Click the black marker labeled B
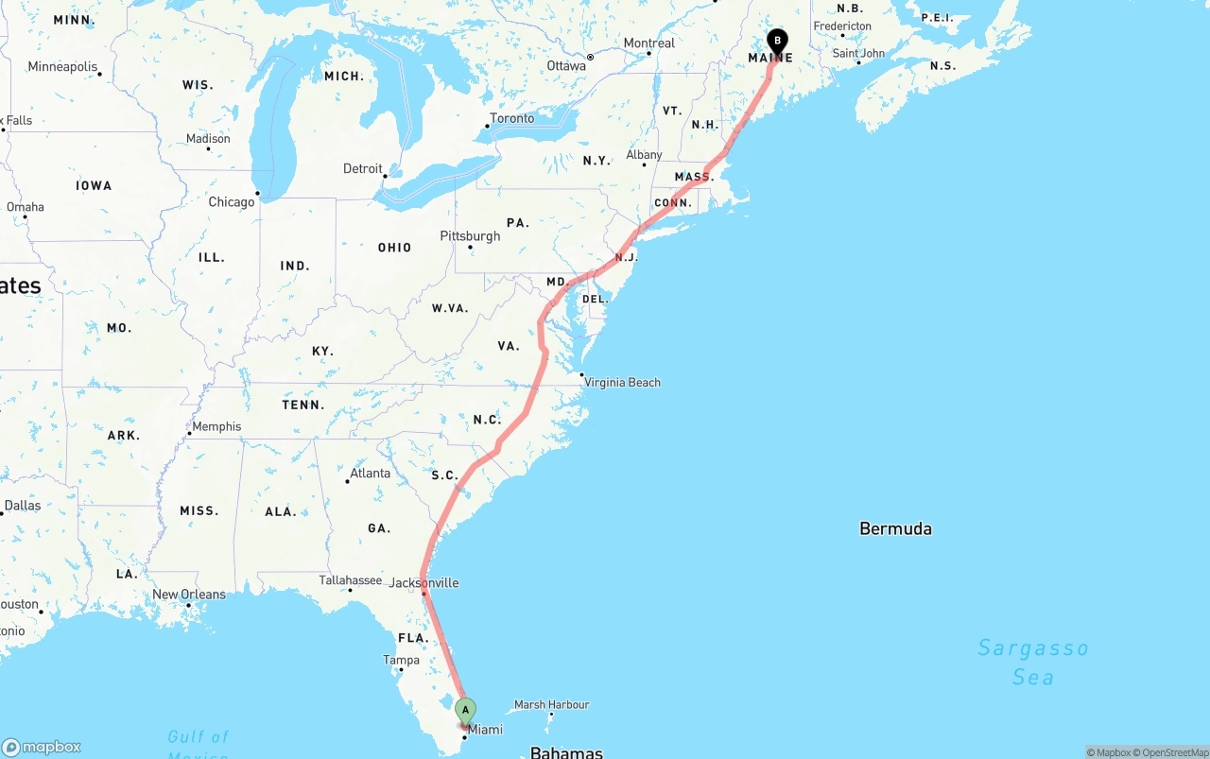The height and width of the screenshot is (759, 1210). pyautogui.click(x=777, y=42)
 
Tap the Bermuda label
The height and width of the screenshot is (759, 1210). pyautogui.click(x=895, y=528)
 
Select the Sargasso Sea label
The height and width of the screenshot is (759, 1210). pyautogui.click(x=1033, y=662)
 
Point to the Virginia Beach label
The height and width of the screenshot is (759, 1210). pyautogui.click(x=622, y=383)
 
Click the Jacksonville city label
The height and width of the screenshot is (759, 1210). pyautogui.click(x=423, y=582)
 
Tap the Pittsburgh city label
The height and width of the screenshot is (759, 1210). pyautogui.click(x=470, y=235)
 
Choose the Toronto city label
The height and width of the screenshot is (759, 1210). pyautogui.click(x=511, y=118)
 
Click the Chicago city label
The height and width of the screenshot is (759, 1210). pyautogui.click(x=232, y=201)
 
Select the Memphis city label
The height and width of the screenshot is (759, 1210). pyautogui.click(x=216, y=426)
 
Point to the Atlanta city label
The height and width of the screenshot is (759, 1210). pyautogui.click(x=370, y=473)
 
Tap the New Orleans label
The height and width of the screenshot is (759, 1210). pyautogui.click(x=189, y=595)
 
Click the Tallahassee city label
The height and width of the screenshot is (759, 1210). pyautogui.click(x=350, y=580)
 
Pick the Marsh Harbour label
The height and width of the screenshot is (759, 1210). pyautogui.click(x=551, y=704)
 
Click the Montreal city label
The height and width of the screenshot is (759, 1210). pyautogui.click(x=648, y=43)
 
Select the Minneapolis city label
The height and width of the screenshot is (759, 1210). pyautogui.click(x=62, y=67)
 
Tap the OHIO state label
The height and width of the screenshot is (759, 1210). pyautogui.click(x=394, y=248)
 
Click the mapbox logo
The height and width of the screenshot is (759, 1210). pyautogui.click(x=42, y=747)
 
